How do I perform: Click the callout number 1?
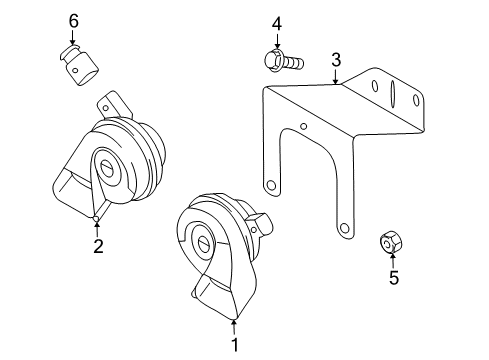pos(235,345)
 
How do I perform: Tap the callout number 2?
pos(98,246)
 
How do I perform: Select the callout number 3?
pos(336,60)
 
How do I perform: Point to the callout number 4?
pos(277,24)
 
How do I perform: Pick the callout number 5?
pos(394,278)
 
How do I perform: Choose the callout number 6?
pos(74,21)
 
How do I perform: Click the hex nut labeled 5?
pos(391,242)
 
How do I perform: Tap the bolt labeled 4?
pos(283,61)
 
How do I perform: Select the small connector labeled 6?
pos(80,66)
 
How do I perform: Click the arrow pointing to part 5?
pos(393,261)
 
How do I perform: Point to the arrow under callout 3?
pos(336,76)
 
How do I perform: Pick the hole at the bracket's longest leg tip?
pos(343,229)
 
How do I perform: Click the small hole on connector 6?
pos(75,70)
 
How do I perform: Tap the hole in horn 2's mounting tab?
pos(105,108)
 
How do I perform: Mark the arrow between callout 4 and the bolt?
pos(277,41)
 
